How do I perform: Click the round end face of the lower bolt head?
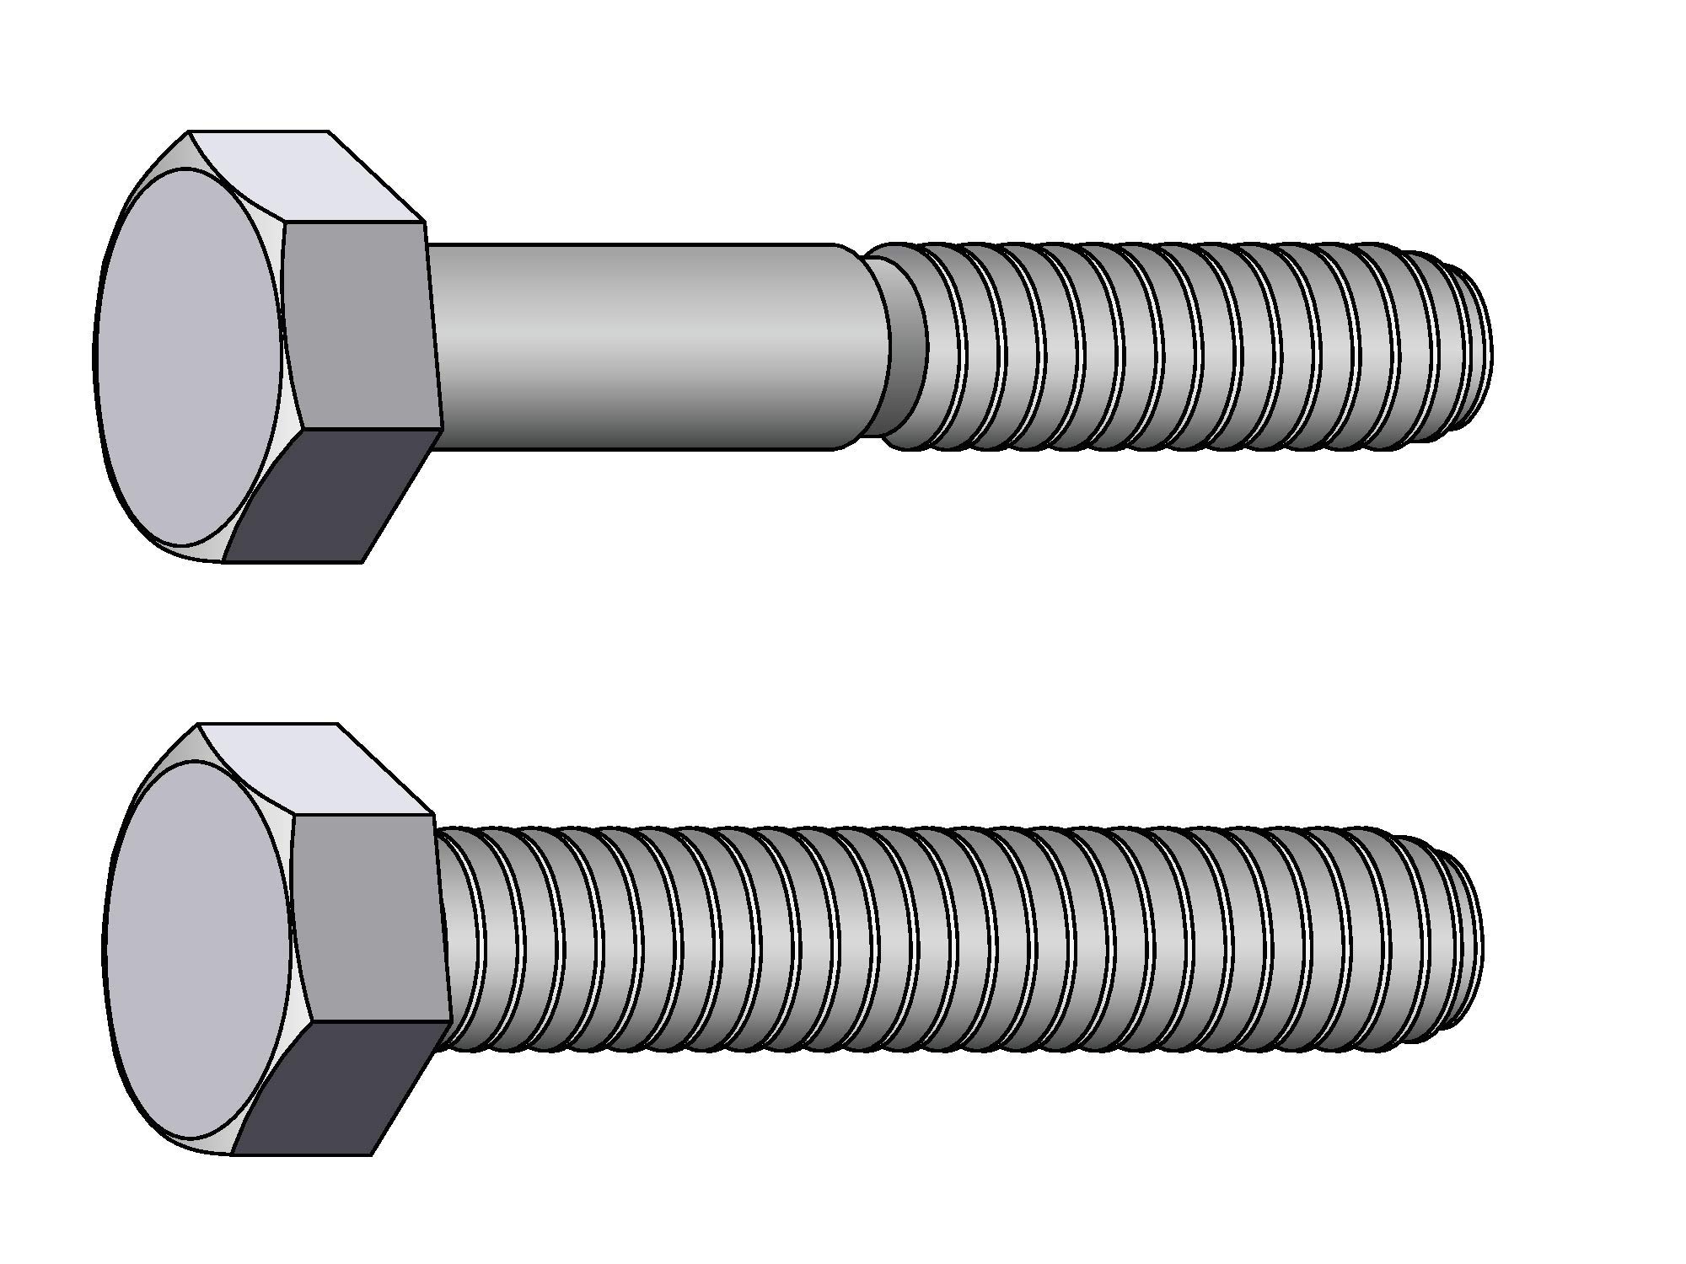point(197,948)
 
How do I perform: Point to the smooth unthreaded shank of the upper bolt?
point(641,345)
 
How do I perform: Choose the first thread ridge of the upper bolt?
point(906,345)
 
